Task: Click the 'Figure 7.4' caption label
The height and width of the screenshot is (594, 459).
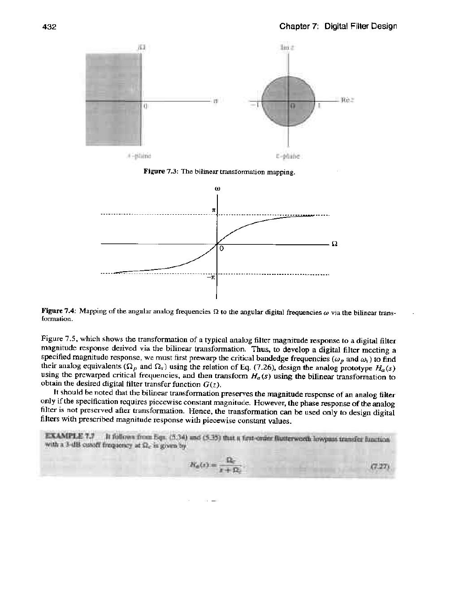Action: click(x=59, y=310)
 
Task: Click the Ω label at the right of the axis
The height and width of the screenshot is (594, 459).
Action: click(x=333, y=244)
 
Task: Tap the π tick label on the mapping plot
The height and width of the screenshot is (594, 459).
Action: click(x=213, y=210)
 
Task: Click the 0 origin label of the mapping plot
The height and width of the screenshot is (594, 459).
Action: click(x=221, y=248)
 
